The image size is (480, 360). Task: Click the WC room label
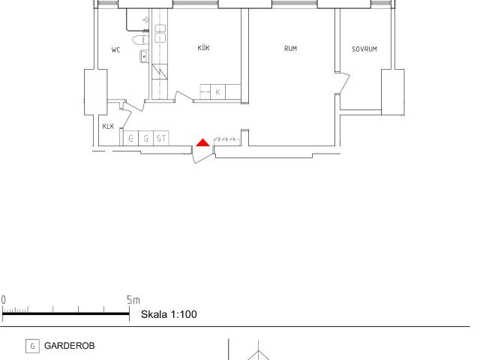coord(115,50)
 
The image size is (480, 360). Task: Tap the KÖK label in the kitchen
coord(203,48)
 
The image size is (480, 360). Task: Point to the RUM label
coord(290,48)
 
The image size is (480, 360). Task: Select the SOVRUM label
coord(364,49)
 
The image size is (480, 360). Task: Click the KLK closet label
coord(108,126)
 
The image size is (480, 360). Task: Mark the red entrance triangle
coord(202,142)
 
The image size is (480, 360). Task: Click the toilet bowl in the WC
coord(140,40)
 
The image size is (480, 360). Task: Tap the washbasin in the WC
coord(145,57)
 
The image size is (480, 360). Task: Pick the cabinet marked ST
coord(161,138)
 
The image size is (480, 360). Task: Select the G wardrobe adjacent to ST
coord(146,138)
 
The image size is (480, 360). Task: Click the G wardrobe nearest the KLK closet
coord(130,138)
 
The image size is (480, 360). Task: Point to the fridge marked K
coord(218,91)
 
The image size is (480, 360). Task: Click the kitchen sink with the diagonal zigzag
coord(160,72)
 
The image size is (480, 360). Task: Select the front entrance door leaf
coord(202,158)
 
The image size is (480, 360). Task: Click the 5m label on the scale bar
coord(133,300)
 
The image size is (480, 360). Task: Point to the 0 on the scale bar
coord(3,300)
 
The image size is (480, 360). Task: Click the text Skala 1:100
coord(169,314)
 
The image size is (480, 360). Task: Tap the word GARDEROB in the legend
coord(70,346)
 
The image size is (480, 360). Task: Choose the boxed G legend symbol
coord(32,346)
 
